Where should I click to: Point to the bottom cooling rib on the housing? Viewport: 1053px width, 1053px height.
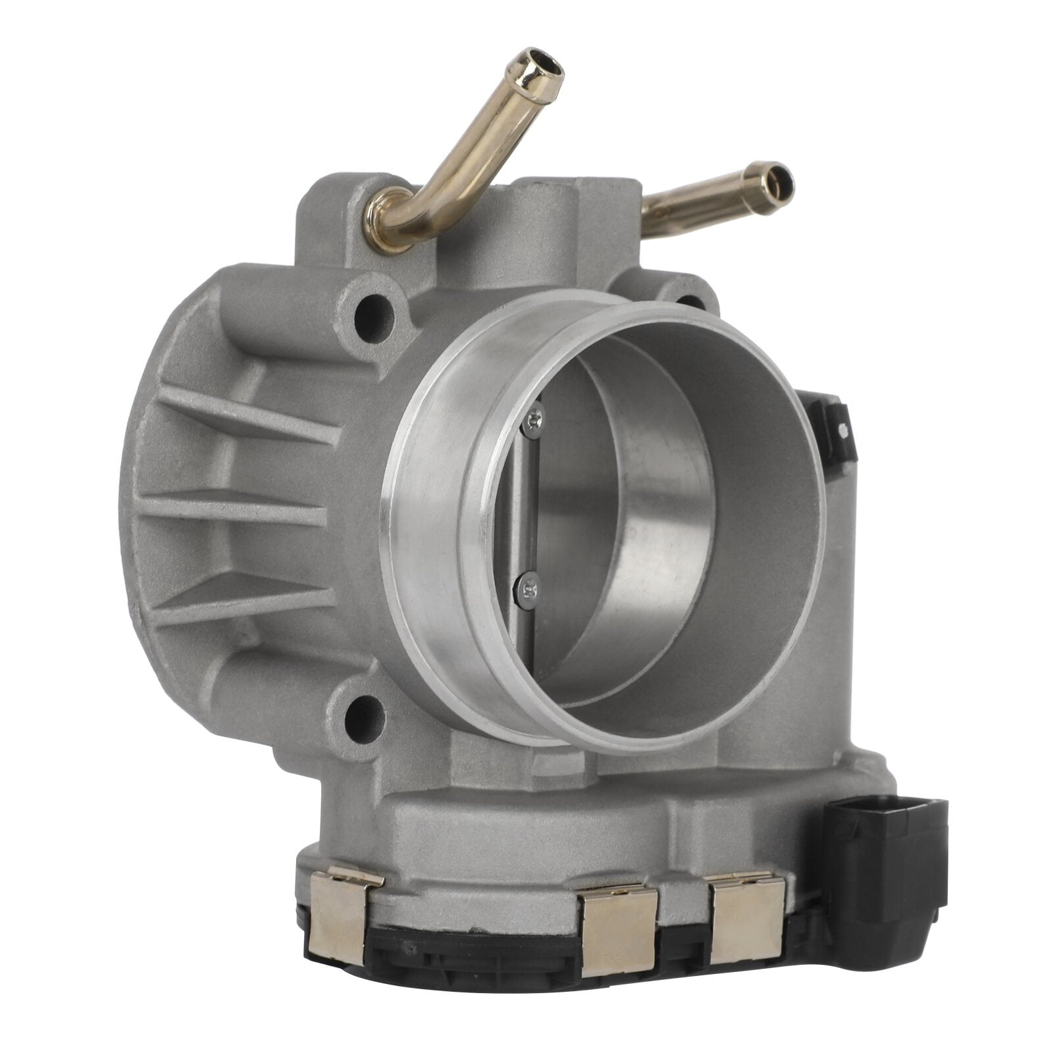coord(244,599)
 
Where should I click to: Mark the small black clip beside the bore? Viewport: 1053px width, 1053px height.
coord(831,428)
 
